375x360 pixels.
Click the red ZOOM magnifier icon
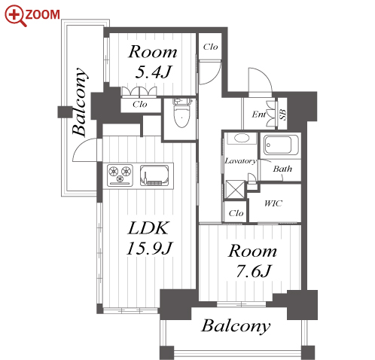[15, 16]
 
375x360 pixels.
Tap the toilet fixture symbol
[181, 112]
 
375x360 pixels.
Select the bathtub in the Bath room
[280, 145]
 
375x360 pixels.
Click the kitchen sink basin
[154, 175]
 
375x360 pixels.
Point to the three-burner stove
[120, 175]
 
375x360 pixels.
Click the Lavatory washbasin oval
[242, 139]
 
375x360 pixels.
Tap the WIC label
[273, 203]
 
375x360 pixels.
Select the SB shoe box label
[282, 114]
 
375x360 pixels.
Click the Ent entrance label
[259, 114]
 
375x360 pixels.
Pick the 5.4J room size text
[153, 72]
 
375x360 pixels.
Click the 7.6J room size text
[254, 271]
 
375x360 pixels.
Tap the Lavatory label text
[240, 161]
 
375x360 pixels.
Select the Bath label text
[282, 169]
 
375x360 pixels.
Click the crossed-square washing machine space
[235, 190]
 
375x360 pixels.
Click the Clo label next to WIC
[236, 213]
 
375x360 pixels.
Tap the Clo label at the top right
[210, 47]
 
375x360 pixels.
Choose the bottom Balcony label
[236, 326]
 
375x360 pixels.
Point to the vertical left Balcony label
[80, 102]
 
